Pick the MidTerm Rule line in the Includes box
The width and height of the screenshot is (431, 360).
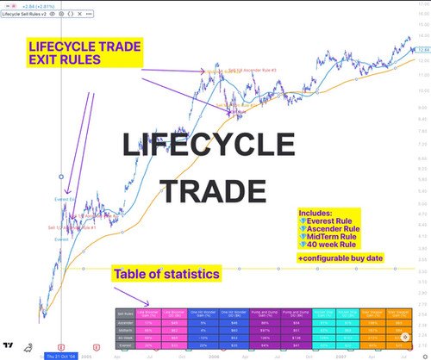pyautogui.click(x=348, y=237)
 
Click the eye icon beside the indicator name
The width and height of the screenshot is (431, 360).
pyautogui.click(x=53, y=16)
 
